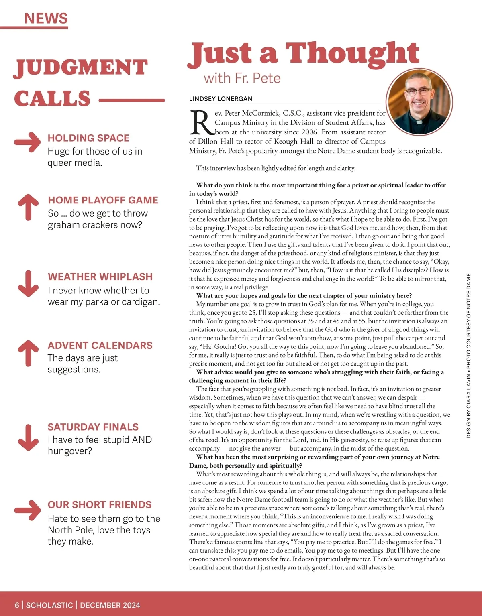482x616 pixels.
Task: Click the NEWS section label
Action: (x=46, y=18)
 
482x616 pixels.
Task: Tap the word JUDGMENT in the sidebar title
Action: (x=81, y=67)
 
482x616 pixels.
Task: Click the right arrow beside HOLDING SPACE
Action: (x=27, y=142)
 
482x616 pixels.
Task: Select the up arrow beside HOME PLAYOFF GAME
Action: (x=28, y=207)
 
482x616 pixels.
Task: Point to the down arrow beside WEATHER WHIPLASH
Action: (x=28, y=283)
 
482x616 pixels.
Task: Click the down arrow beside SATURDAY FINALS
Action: (x=28, y=437)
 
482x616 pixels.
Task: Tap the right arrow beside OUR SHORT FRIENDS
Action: (x=27, y=510)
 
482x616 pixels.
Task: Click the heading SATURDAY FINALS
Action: (x=93, y=427)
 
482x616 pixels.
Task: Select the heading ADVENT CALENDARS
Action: (x=100, y=345)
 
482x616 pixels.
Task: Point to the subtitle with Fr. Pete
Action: (x=242, y=78)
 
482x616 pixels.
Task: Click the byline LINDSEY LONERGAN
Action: (x=221, y=99)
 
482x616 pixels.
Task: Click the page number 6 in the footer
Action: (x=17, y=605)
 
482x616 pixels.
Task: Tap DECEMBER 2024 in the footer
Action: (x=110, y=605)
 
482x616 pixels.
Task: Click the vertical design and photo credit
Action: (x=468, y=356)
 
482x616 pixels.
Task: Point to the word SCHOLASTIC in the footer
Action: (x=49, y=605)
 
